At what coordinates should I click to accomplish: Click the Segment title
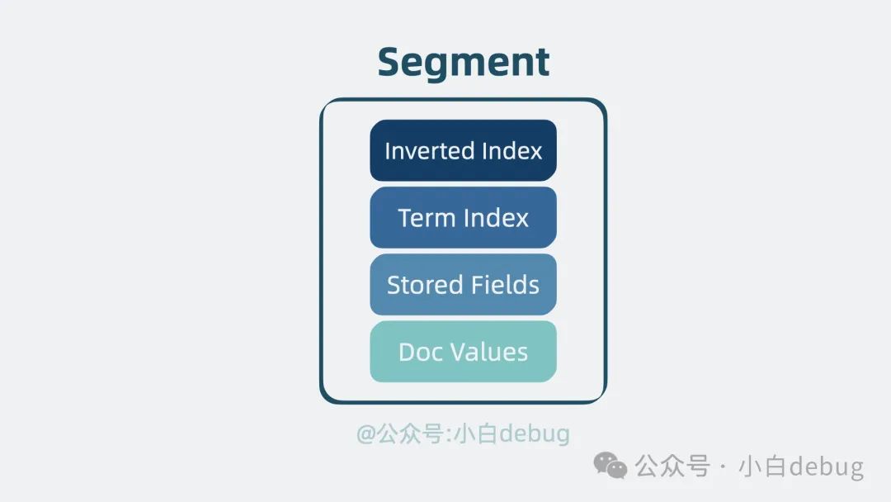[x=463, y=63]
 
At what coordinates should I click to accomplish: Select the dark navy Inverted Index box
[x=463, y=150]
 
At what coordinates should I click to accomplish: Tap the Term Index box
[x=463, y=217]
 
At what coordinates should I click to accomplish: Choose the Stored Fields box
[x=463, y=284]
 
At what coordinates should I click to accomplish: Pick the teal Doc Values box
[x=463, y=352]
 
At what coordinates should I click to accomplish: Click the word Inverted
[x=430, y=150]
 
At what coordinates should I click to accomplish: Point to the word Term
[x=427, y=218]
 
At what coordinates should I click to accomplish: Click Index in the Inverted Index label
[x=512, y=150]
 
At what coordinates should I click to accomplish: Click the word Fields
[x=502, y=284]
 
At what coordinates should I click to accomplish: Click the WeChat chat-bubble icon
[x=610, y=465]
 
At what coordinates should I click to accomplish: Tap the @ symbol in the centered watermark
[x=366, y=434]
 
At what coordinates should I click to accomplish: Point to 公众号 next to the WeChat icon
[x=672, y=466]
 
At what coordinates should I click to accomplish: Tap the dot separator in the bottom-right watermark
[x=724, y=466]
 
